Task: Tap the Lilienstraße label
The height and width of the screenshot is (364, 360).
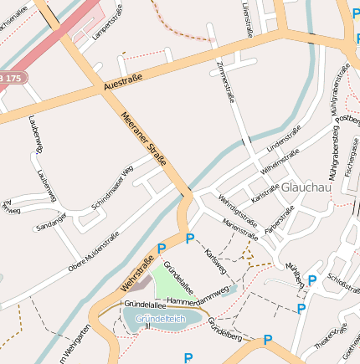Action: (x=248, y=19)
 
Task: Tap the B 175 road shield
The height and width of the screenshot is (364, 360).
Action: (x=13, y=76)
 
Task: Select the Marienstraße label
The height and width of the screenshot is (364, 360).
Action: (x=240, y=223)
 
